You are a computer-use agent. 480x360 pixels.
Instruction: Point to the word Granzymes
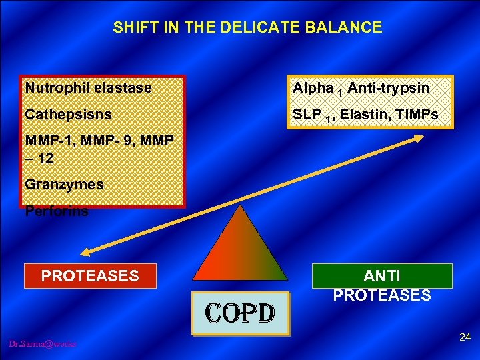pos(64,185)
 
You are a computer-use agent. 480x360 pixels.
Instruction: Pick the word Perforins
pos(56,212)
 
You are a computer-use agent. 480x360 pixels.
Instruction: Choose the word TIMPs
pos(416,115)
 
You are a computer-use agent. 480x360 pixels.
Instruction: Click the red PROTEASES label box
pos(90,276)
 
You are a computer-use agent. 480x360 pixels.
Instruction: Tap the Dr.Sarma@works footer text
pos(43,343)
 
